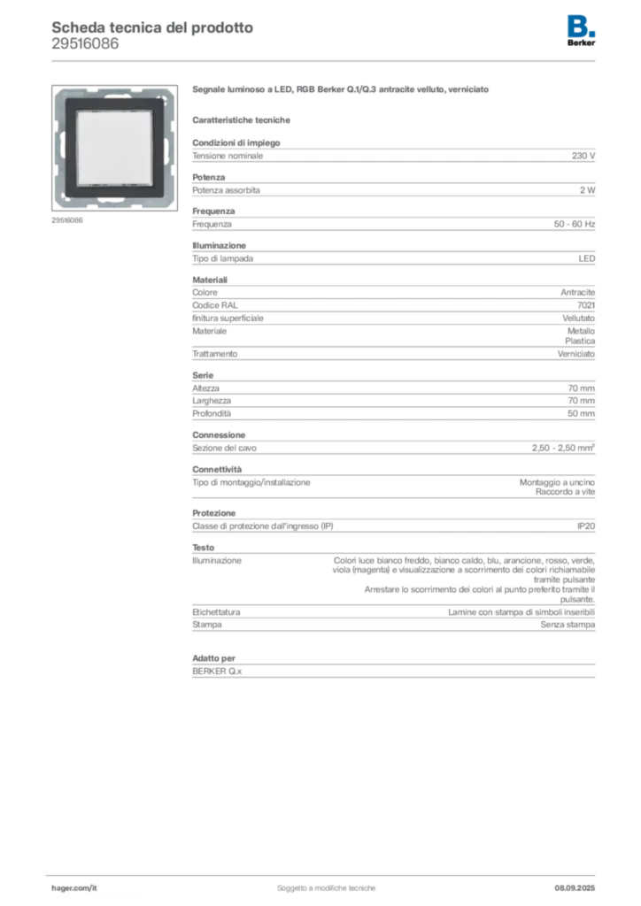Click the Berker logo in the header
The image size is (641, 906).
click(x=581, y=31)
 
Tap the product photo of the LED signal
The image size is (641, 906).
click(x=114, y=148)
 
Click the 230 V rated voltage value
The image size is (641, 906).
click(x=583, y=156)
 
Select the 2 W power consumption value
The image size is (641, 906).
click(x=587, y=190)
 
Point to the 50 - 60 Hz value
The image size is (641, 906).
click(x=574, y=224)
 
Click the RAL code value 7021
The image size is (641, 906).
click(x=586, y=305)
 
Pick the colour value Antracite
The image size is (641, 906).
click(x=577, y=292)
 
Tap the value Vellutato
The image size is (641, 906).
click(x=578, y=319)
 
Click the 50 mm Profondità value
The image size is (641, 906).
click(x=581, y=414)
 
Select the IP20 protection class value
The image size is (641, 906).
click(x=586, y=526)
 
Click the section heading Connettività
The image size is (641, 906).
click(x=217, y=469)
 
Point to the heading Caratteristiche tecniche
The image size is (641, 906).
click(x=241, y=120)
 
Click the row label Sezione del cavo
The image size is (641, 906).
click(x=224, y=448)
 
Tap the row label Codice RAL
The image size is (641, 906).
click(x=215, y=305)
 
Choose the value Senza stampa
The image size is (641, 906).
click(x=568, y=625)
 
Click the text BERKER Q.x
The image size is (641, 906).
click(x=217, y=672)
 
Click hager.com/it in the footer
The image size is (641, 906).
click(x=74, y=888)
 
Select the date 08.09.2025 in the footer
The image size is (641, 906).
click(x=575, y=888)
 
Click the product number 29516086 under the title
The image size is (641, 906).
click(x=85, y=44)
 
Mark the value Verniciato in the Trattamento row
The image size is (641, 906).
click(x=576, y=354)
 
